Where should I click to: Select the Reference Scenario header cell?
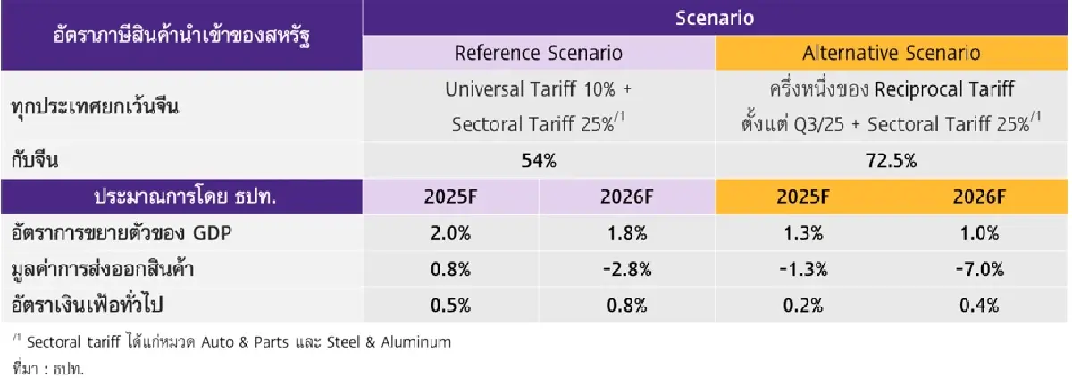click(538, 53)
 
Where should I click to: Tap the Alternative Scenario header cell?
click(891, 53)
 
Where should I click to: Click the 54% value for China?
click(538, 162)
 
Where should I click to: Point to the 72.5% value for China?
click(891, 162)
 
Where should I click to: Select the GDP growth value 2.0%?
click(452, 234)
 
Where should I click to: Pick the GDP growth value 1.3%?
click(803, 234)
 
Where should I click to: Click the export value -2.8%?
click(626, 269)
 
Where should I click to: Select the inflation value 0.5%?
click(452, 304)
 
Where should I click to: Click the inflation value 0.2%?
click(803, 304)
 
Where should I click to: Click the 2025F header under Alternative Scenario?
click(803, 197)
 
